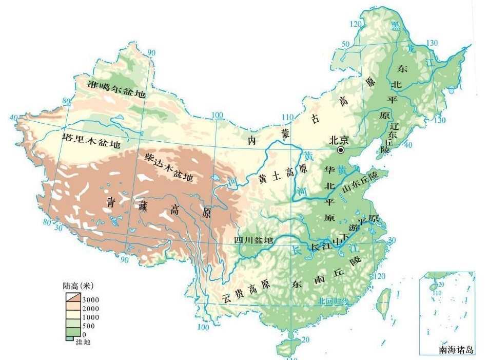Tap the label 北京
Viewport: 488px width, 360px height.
pyautogui.click(x=339, y=140)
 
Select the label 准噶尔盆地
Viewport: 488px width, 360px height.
pyautogui.click(x=116, y=89)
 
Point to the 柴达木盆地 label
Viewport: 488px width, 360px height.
pyautogui.click(x=169, y=167)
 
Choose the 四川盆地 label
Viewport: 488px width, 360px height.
pyautogui.click(x=253, y=241)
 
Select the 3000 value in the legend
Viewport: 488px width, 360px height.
pyautogui.click(x=91, y=300)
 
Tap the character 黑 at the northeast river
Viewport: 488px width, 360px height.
pyautogui.click(x=395, y=26)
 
